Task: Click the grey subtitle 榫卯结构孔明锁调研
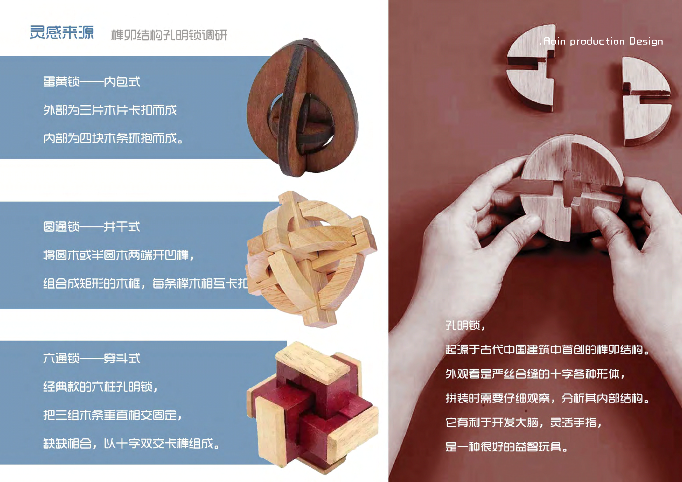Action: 169,35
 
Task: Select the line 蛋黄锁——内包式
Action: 92,82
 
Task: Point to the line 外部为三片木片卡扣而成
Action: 110,110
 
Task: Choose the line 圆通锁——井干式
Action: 92,227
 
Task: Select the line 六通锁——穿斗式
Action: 92,358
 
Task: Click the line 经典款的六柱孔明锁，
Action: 100,387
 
